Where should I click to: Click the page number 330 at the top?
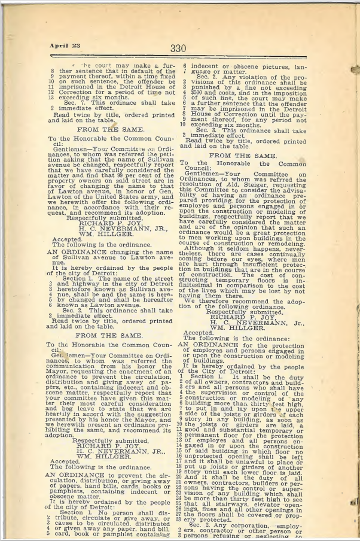point(178,48)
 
